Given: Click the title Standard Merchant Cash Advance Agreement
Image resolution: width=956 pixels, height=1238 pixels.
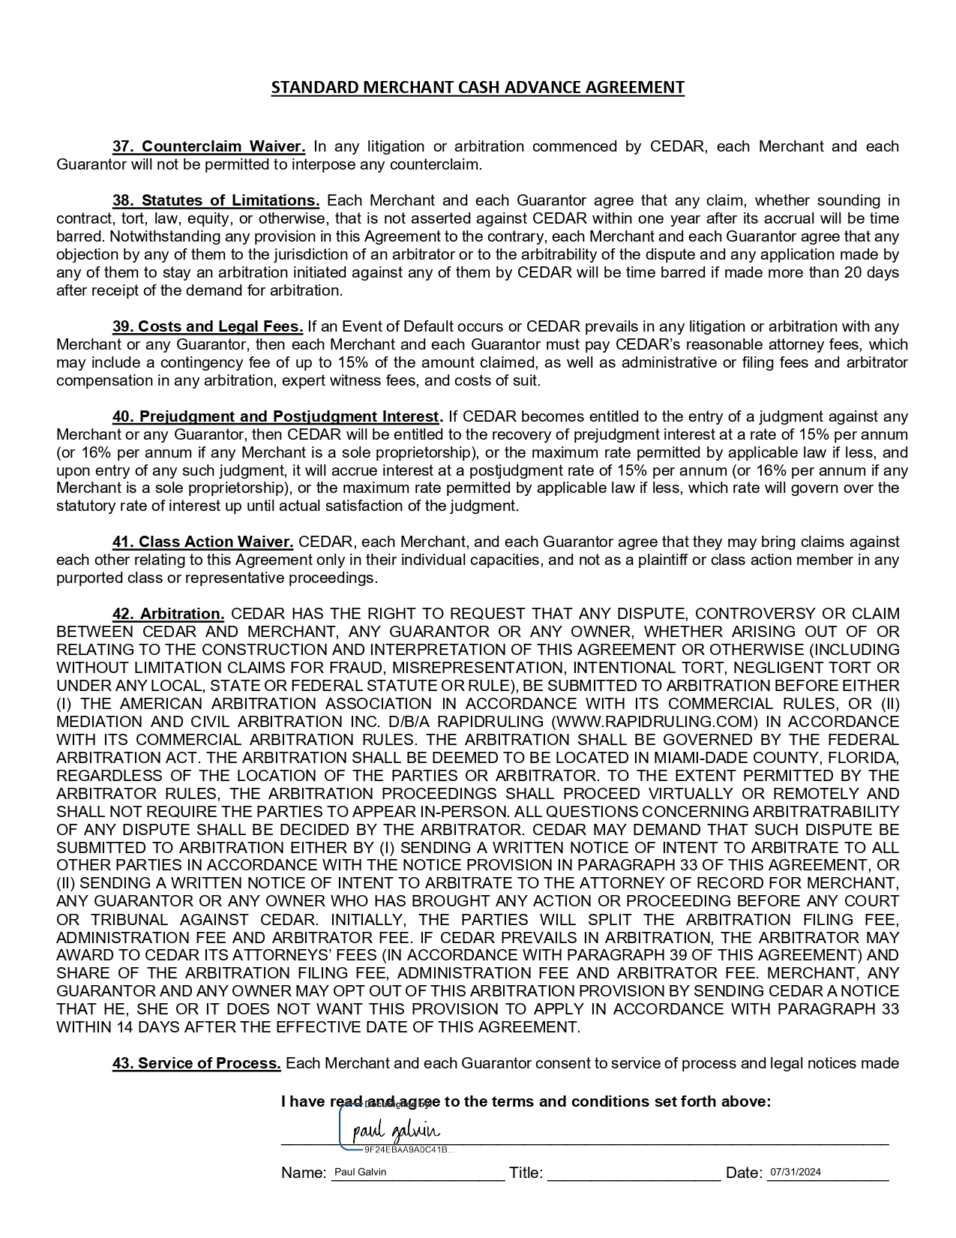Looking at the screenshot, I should [478, 87].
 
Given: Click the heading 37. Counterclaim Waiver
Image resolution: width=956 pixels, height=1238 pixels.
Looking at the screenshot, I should [208, 146].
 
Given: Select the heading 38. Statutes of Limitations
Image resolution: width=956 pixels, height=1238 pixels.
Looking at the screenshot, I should [216, 200].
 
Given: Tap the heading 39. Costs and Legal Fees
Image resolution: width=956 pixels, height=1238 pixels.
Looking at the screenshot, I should [208, 326].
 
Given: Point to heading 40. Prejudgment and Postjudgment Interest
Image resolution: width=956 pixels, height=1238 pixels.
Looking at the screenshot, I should [276, 416].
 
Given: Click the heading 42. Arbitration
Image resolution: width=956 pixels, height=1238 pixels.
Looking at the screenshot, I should [168, 614].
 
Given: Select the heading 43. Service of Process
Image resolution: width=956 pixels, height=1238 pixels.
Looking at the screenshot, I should [196, 1063].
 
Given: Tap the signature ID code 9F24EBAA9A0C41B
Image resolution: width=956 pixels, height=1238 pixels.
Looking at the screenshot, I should [405, 1149].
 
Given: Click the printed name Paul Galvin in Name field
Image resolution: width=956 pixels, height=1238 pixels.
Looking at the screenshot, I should [360, 1172].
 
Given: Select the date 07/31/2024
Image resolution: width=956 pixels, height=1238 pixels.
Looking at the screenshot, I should [796, 1172].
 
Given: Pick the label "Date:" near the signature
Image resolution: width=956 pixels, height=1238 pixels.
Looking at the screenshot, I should [744, 1173].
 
